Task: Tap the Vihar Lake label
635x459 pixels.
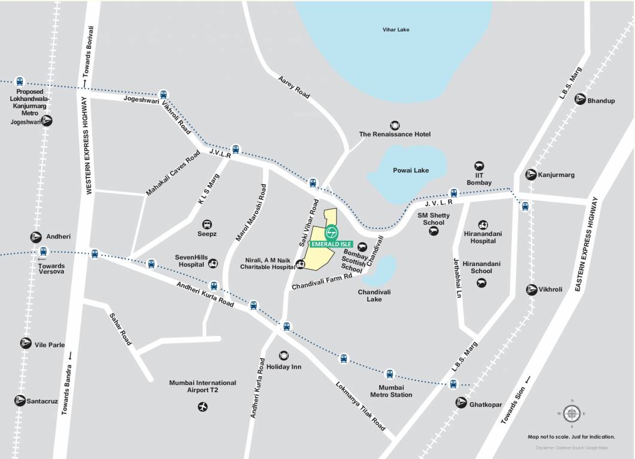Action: (x=396, y=30)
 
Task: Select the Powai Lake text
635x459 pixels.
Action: (x=410, y=170)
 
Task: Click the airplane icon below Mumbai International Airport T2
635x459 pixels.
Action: (x=203, y=407)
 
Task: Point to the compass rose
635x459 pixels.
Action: (x=572, y=413)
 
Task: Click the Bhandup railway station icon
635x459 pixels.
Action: (x=579, y=100)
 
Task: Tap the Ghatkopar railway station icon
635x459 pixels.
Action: (x=461, y=402)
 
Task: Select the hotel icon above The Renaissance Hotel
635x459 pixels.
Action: (x=395, y=125)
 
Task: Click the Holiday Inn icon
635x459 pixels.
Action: (x=283, y=356)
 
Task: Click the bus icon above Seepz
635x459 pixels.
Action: (x=207, y=225)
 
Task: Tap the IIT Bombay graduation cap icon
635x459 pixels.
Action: (x=479, y=166)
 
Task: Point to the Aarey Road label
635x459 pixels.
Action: (x=294, y=87)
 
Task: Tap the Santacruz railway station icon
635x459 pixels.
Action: (x=20, y=400)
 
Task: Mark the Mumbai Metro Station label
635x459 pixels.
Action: (x=391, y=391)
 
